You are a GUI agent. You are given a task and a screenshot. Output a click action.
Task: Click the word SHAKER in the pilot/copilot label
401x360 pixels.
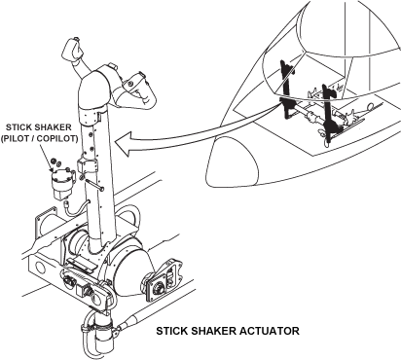point(52,126)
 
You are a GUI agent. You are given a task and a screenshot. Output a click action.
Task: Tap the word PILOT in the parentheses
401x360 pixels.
point(18,138)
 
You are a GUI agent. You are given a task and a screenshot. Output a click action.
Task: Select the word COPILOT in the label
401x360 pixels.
point(56,138)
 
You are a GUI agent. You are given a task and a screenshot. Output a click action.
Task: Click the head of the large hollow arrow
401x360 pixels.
point(125,144)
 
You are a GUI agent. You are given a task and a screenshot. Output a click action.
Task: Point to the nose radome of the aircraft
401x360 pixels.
point(235,162)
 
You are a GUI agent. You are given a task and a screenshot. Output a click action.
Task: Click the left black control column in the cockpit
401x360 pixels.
point(287,90)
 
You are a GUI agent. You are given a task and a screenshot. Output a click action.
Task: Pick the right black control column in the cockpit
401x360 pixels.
point(328,113)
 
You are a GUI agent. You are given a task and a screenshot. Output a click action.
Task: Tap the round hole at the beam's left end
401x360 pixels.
point(39,268)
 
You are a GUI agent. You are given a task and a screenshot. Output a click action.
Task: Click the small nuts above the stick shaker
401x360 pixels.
point(54,161)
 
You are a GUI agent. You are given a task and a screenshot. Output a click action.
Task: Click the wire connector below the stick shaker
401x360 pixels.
point(67,204)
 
